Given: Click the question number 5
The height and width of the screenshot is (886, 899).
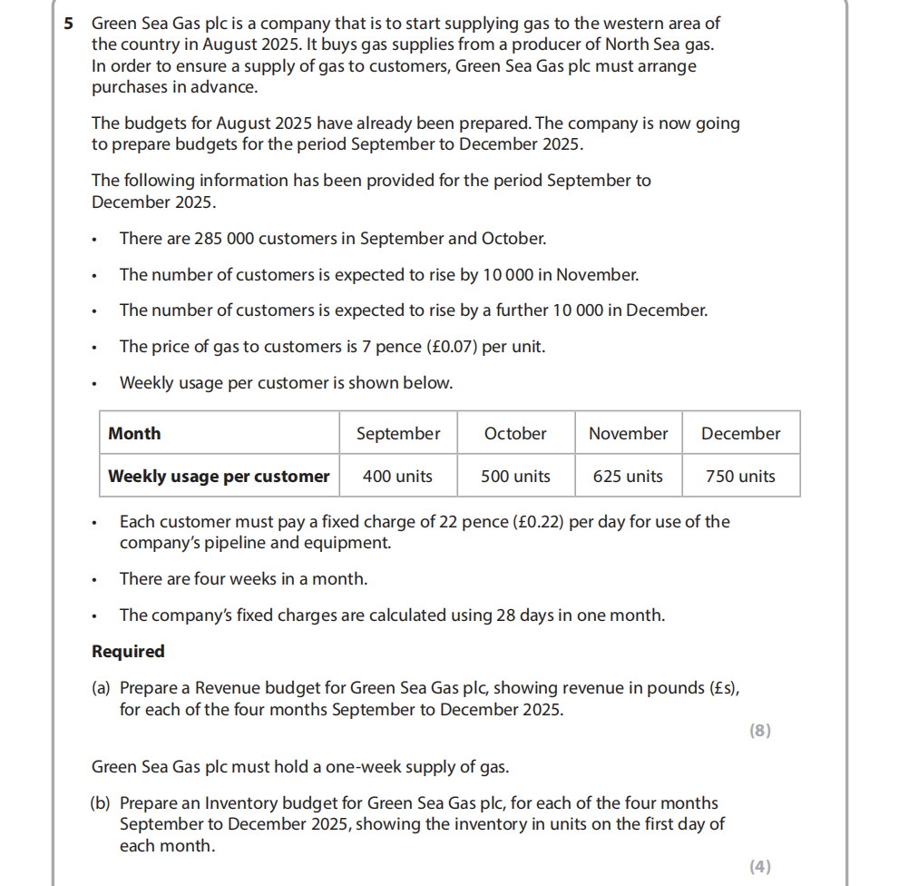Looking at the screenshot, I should pyautogui.click(x=69, y=24).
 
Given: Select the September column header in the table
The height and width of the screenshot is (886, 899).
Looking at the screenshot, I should pyautogui.click(x=398, y=434).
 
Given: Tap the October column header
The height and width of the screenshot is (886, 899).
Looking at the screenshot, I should pyautogui.click(x=515, y=434).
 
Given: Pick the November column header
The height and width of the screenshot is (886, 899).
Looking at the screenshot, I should pyautogui.click(x=628, y=434).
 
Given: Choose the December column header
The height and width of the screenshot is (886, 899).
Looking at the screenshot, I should pyautogui.click(x=740, y=434).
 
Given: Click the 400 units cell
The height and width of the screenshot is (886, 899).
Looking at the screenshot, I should pyautogui.click(x=397, y=477).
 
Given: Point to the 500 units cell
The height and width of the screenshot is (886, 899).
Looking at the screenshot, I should pyautogui.click(x=515, y=477).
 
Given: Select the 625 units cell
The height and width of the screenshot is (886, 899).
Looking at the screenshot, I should pyautogui.click(x=628, y=477).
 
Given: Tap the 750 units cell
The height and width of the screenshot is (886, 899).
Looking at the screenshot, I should pyautogui.click(x=740, y=477).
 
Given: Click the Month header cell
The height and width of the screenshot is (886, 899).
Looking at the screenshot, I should pyautogui.click(x=134, y=434).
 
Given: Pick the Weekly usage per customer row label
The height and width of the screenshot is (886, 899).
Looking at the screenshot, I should pyautogui.click(x=219, y=477).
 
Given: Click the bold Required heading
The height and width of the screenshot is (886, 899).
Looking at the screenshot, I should pyautogui.click(x=128, y=652).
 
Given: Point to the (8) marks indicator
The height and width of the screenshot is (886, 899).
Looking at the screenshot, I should pyautogui.click(x=760, y=731).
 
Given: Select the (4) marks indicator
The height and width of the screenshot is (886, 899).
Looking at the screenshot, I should pyautogui.click(x=760, y=867).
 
